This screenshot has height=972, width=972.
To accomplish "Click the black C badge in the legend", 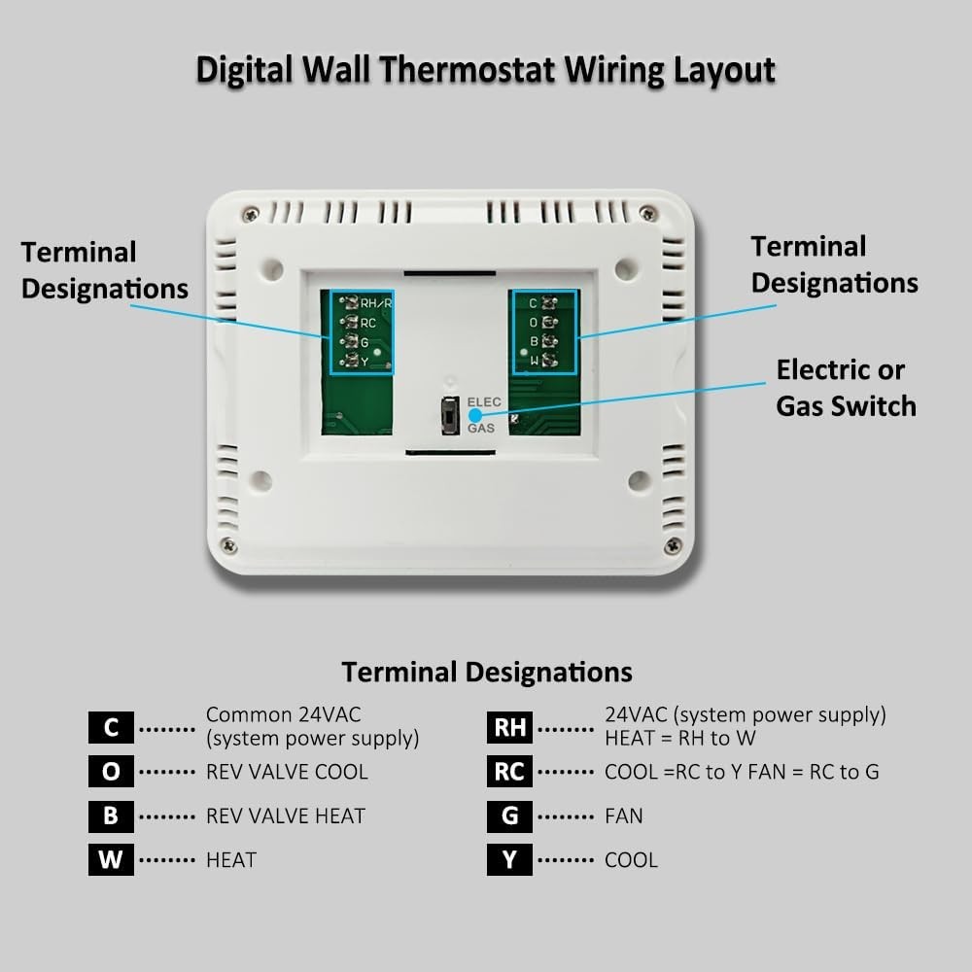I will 111,727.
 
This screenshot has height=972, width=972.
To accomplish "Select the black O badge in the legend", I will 111,772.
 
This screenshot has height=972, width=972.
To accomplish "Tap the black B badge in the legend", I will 111,816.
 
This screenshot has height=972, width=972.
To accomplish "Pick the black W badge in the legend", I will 111,860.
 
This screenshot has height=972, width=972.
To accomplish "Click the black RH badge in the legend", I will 509,727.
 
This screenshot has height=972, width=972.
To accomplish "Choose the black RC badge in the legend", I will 509,772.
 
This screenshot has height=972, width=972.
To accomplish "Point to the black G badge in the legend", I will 509,816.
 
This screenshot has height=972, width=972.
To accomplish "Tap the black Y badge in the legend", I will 509,860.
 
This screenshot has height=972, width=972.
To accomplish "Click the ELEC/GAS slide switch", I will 450,415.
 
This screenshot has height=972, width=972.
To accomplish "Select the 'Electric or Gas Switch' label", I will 846,388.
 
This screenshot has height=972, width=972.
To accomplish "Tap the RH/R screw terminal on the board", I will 350,302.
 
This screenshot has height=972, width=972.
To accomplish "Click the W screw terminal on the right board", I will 549,361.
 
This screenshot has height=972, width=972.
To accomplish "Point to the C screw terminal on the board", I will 549,302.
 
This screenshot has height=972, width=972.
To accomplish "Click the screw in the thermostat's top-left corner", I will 251,214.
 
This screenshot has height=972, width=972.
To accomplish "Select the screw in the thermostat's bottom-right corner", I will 672,545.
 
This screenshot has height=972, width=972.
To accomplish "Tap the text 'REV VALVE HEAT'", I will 285,816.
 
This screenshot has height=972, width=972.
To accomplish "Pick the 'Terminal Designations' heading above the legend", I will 486,672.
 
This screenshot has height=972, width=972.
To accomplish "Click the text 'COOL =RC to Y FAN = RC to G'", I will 742,772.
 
